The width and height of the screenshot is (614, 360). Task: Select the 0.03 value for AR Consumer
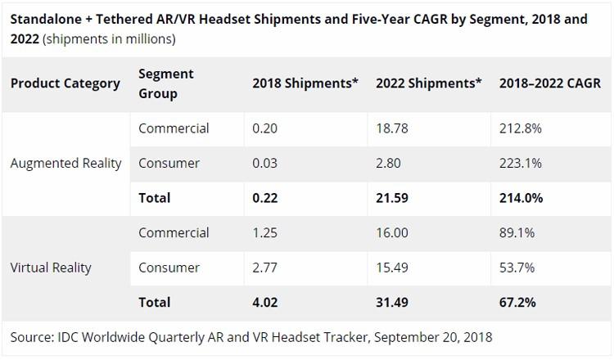(x=264, y=163)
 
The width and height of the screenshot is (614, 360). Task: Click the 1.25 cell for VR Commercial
(x=264, y=233)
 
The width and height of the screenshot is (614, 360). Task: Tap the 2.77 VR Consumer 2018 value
(x=264, y=268)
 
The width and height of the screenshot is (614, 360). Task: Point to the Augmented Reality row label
(x=65, y=163)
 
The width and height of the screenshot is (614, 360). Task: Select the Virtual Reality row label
(x=51, y=268)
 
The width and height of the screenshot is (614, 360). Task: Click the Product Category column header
(x=65, y=83)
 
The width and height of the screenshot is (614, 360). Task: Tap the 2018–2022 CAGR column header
(x=549, y=83)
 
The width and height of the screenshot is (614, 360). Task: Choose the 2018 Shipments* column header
(x=305, y=83)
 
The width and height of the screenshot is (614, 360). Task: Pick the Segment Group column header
(x=166, y=83)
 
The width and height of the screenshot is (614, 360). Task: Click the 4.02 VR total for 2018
(x=265, y=302)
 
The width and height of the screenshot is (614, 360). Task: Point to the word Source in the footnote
(x=31, y=336)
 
